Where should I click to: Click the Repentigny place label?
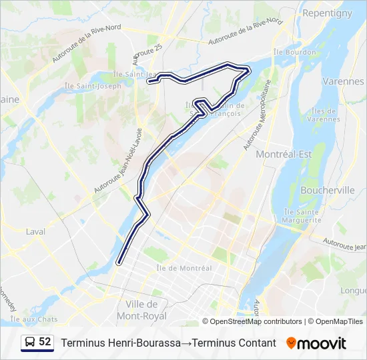coord(327,13)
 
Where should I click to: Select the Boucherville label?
coord(327,190)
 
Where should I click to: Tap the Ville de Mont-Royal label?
coord(141,310)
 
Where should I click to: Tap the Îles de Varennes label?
coord(326,115)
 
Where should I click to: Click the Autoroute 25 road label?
coord(147,55)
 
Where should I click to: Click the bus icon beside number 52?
coord(30,342)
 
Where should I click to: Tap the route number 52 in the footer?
coord(45,342)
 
